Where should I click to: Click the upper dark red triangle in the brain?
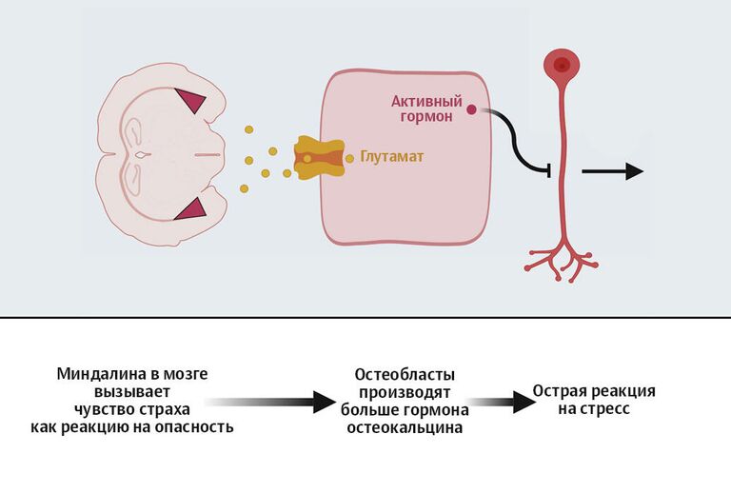point(194,100)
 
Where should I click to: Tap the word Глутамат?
point(391,157)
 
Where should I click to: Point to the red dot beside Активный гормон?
point(472,110)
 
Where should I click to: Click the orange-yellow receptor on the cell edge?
point(316,158)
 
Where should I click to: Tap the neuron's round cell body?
point(562,65)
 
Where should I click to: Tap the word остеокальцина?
point(405,428)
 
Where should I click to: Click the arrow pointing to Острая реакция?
point(501,402)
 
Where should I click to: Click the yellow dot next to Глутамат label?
point(350,158)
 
